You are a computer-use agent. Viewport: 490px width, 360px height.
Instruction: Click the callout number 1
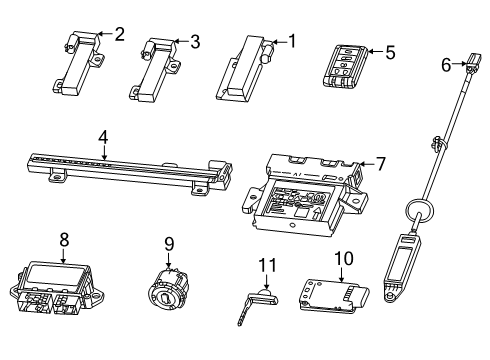[x=292, y=41]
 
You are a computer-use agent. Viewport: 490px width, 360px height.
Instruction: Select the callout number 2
[x=119, y=34]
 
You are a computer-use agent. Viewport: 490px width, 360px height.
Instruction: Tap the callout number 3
[x=195, y=41]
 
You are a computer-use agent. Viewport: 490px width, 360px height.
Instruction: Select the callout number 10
[x=342, y=259]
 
